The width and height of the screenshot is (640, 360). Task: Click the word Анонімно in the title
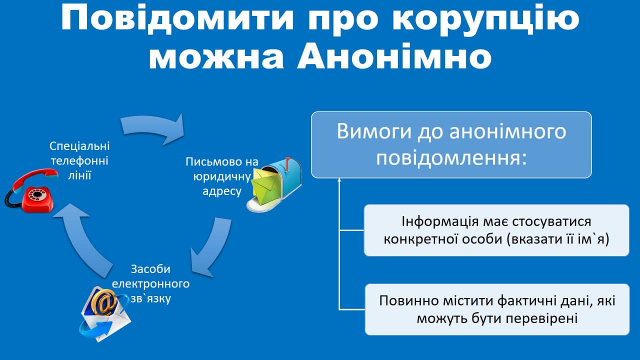coord(394,56)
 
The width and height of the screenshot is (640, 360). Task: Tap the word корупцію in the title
coord(485,19)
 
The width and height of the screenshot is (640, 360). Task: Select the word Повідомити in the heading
coord(177,17)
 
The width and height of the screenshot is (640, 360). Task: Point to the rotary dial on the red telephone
coord(37,194)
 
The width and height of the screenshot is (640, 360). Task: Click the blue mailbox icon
coord(274,184)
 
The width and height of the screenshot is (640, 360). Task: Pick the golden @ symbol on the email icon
coord(104,302)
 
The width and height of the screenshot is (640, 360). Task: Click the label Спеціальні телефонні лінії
coord(79,160)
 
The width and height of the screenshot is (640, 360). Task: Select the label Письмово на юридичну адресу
coord(221,176)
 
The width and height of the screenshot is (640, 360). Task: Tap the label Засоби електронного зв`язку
coord(150,283)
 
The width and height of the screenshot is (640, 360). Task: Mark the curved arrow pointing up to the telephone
coord(83,243)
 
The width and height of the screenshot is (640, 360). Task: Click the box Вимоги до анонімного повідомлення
coord(451,145)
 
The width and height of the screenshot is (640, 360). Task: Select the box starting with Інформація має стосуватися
coord(496,230)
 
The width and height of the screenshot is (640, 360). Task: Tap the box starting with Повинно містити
coord(497,309)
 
